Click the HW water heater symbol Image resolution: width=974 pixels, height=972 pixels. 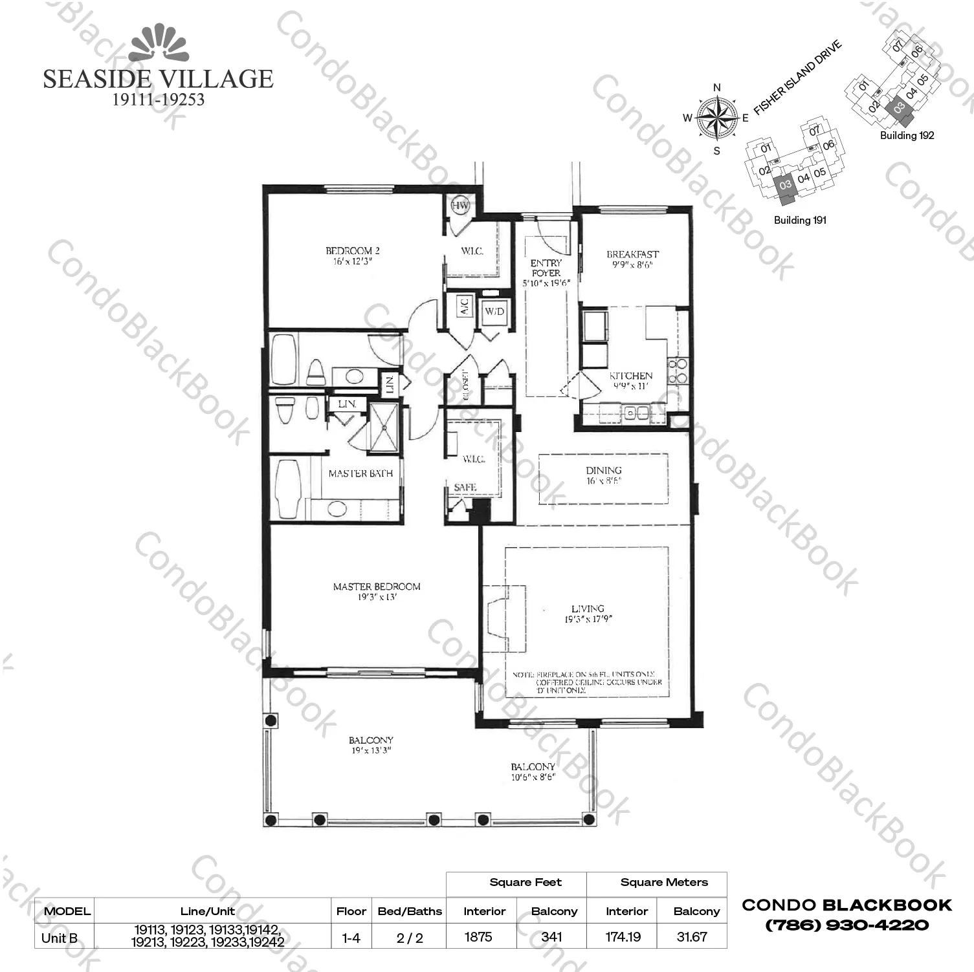pos(460,206)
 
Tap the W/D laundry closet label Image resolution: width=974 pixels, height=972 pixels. pos(494,311)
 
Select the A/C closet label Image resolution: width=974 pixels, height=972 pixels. pos(464,306)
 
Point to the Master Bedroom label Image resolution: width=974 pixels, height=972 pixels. pos(377,587)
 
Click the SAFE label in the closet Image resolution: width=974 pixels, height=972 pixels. pos(465,487)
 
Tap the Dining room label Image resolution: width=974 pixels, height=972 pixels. pos(603,471)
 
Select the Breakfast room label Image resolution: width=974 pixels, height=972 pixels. pos(632,255)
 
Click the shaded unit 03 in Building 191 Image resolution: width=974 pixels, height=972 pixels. pos(786,185)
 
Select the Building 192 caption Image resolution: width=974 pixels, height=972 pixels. pos(907,135)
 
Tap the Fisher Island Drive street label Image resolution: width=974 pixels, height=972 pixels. pos(798,78)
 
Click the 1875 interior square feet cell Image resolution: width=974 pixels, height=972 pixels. pos(478,936)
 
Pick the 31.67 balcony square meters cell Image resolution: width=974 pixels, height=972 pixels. pos(691,936)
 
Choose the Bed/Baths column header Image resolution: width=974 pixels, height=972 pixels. pos(410,911)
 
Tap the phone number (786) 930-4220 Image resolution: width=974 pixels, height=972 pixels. pos(847,925)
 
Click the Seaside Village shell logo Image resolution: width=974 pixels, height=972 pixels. pos(159,44)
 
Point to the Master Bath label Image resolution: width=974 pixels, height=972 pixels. pos(360,473)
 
